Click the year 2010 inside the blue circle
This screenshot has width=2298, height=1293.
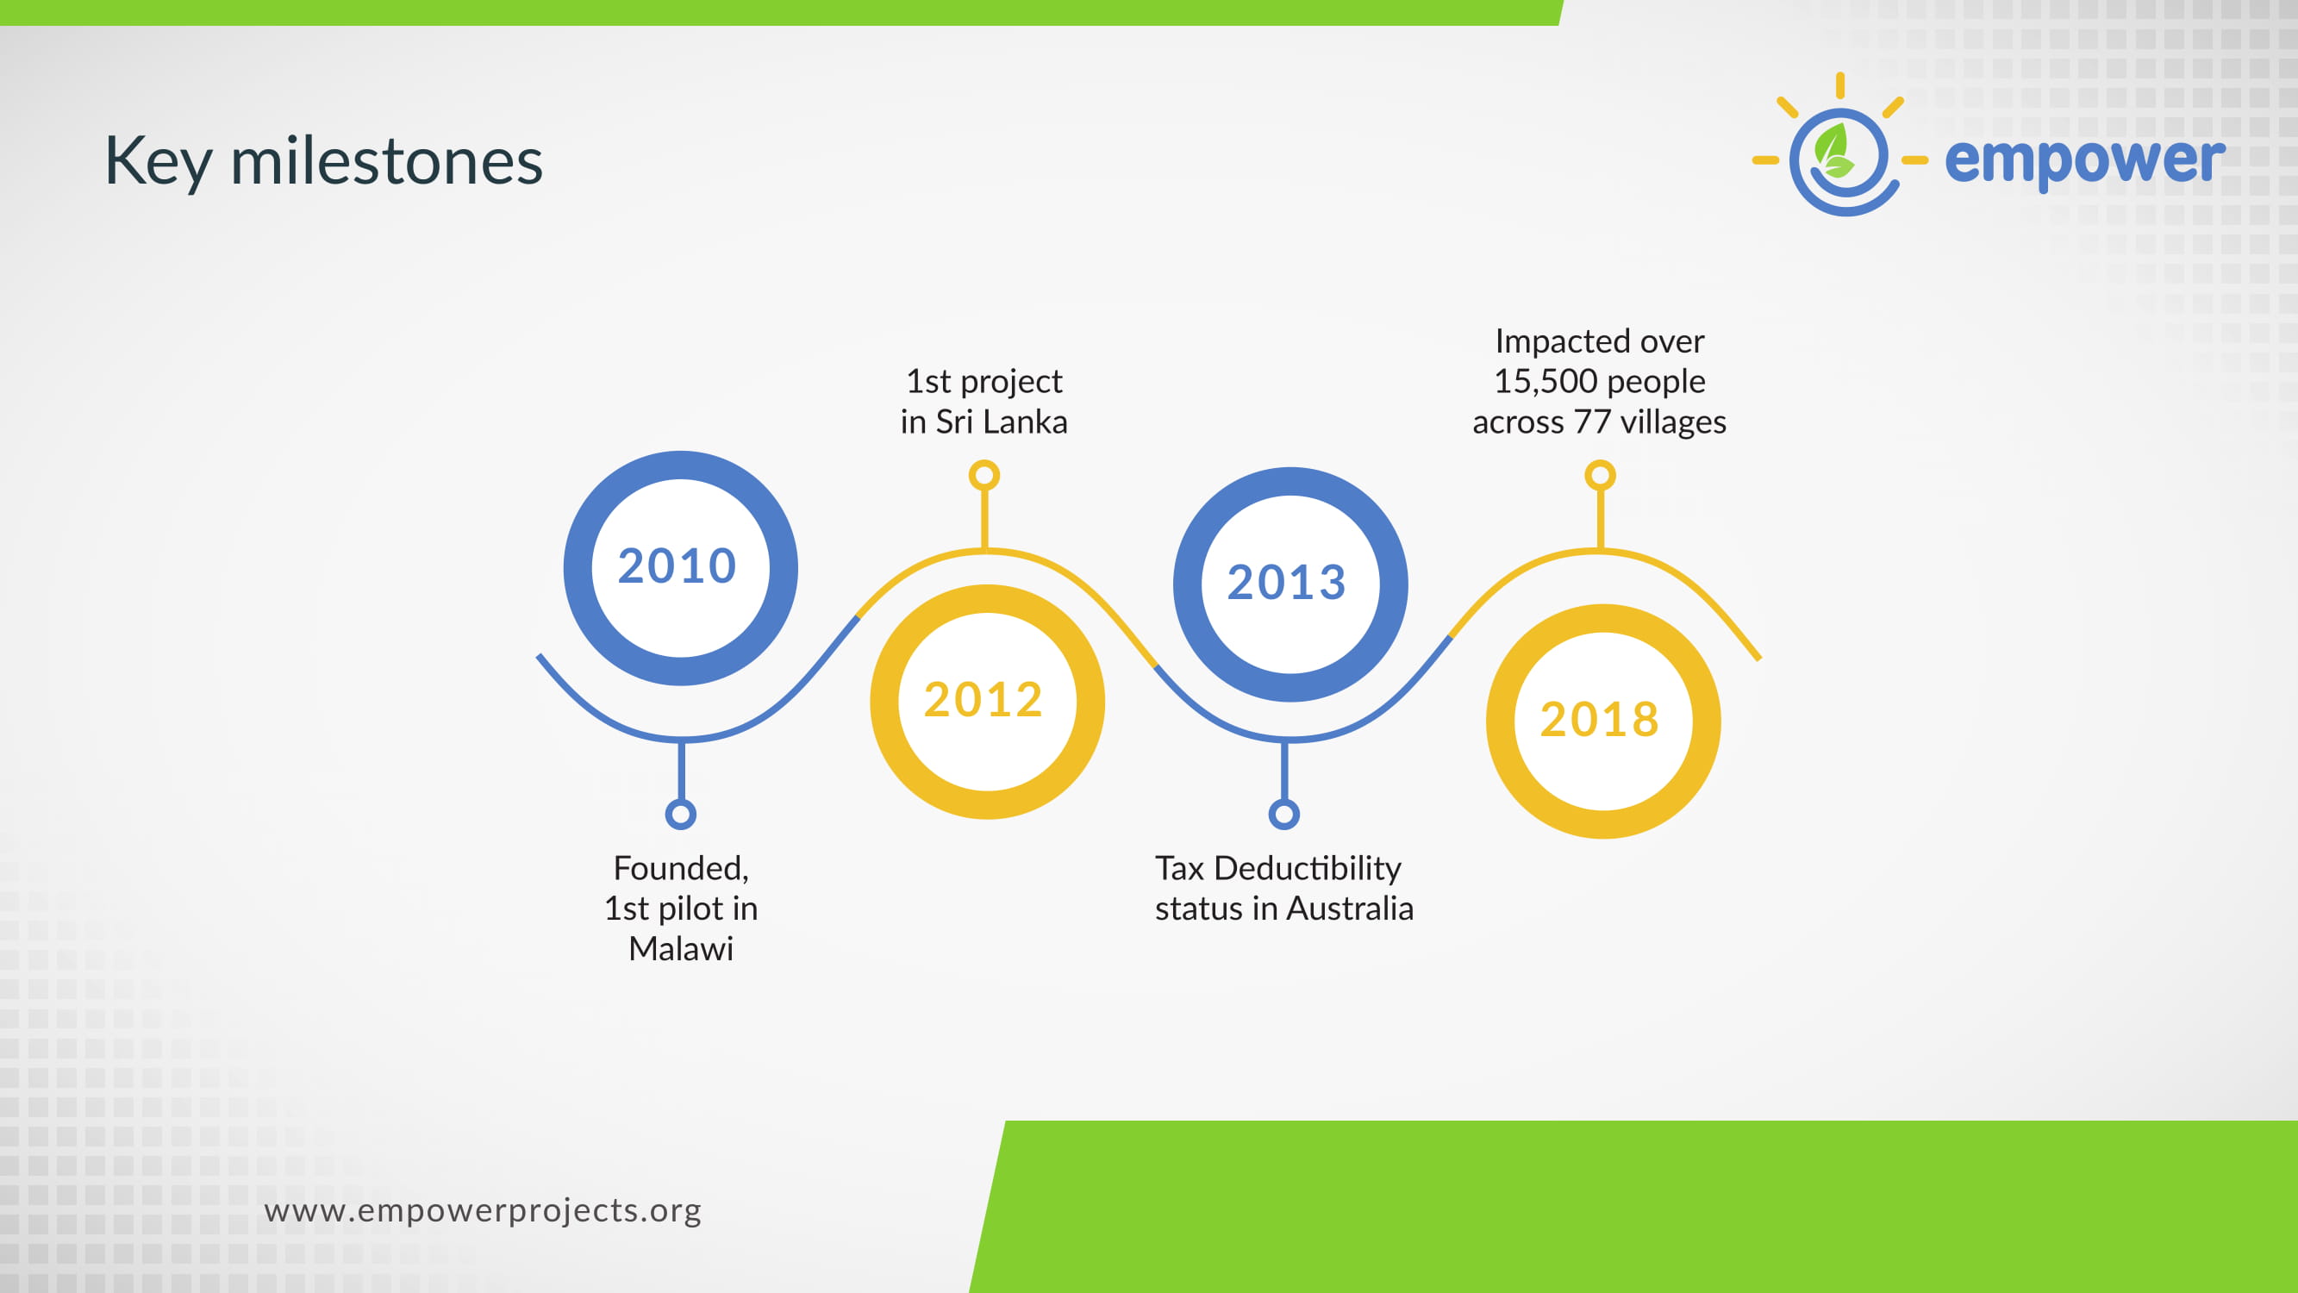pos(678,565)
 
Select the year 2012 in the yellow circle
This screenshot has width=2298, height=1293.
pos(984,700)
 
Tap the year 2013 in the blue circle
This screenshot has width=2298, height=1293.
pos(1286,583)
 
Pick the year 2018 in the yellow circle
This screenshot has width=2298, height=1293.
pos(1600,719)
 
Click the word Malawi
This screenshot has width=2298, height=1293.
pos(681,948)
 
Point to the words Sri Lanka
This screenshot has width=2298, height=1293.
pos(1002,422)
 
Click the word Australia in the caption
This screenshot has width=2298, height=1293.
pos(1351,909)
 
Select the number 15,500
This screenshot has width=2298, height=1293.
pos(1546,382)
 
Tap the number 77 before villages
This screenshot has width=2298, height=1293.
pos(1592,422)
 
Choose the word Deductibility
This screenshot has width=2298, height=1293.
pos(1307,868)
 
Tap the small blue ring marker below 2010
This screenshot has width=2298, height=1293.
pos(681,814)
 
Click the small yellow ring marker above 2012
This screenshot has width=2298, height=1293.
pos(984,476)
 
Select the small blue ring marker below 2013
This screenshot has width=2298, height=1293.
pos(1283,814)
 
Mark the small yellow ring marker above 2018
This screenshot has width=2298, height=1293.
pos(1601,476)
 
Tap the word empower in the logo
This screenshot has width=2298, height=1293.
pos(2085,159)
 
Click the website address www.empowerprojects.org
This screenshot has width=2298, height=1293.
pos(483,1211)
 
